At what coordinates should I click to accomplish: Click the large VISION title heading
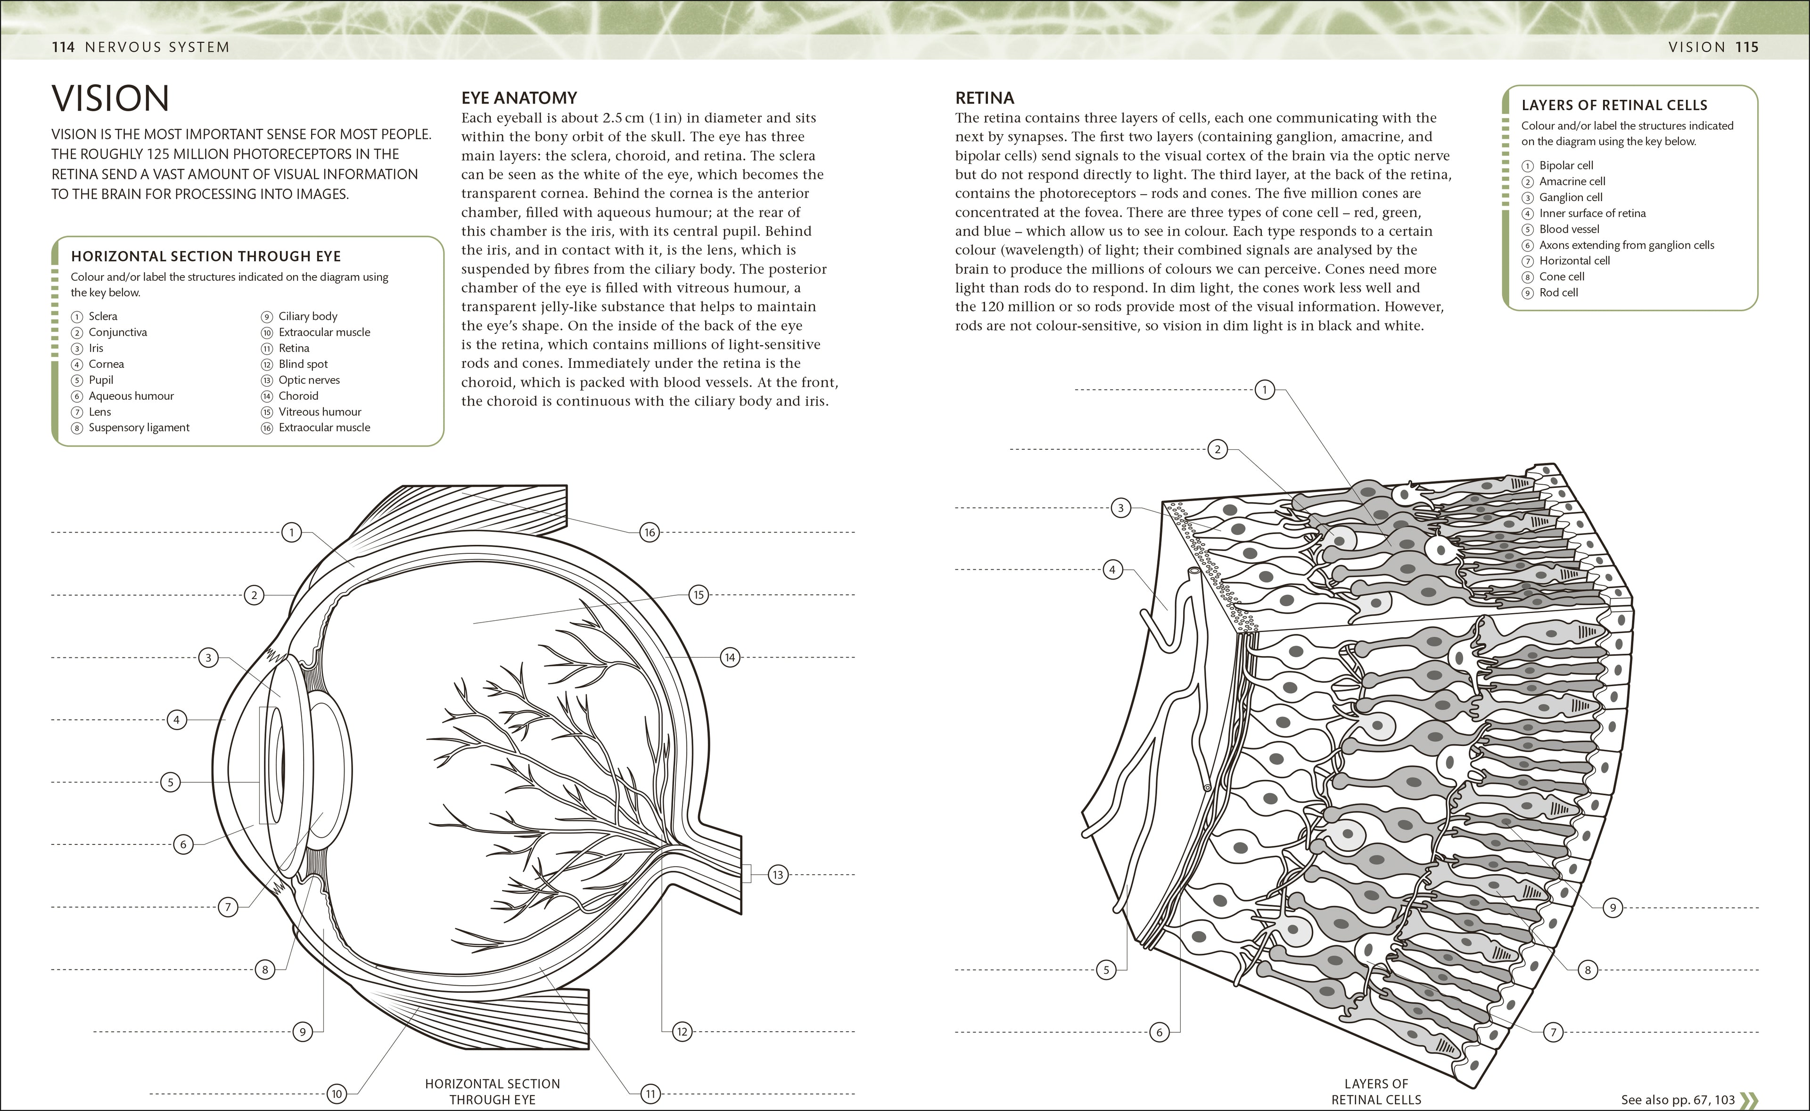coord(110,98)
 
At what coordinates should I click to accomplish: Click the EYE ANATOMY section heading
coord(519,98)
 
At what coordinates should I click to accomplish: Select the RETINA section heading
coord(984,98)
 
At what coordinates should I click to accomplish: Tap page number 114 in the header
coord(63,47)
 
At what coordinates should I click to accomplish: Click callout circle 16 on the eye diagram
coord(649,532)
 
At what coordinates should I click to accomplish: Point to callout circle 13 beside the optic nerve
coord(778,875)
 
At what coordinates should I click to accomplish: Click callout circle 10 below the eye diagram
coord(337,1094)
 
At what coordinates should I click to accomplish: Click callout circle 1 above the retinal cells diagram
coord(1265,389)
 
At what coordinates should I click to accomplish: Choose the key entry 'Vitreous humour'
coord(319,412)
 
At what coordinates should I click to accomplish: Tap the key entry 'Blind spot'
coord(303,364)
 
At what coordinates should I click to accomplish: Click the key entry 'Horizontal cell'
coord(1574,261)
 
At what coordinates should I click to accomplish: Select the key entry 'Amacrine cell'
coord(1572,181)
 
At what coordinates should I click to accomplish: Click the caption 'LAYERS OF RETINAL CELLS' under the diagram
coord(1375,1091)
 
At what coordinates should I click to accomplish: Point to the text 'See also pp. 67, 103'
coord(1678,1099)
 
